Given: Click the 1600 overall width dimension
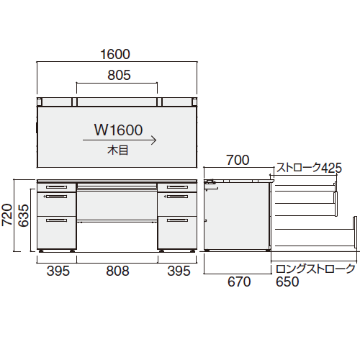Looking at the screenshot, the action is coord(115,54).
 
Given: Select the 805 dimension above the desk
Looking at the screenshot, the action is coord(119,75).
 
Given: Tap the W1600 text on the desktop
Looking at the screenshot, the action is coord(119,130).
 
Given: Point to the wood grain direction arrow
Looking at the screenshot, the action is coord(120,140).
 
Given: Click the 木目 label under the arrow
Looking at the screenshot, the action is coord(118,150).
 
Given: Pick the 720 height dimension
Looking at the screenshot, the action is coord(7,215).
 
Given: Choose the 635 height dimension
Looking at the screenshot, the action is coord(24,216).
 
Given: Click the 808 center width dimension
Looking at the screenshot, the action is coord(117,271).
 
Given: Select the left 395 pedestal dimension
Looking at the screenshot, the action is coord(58,271).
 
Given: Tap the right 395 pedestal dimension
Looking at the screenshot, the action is coord(179,271).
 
